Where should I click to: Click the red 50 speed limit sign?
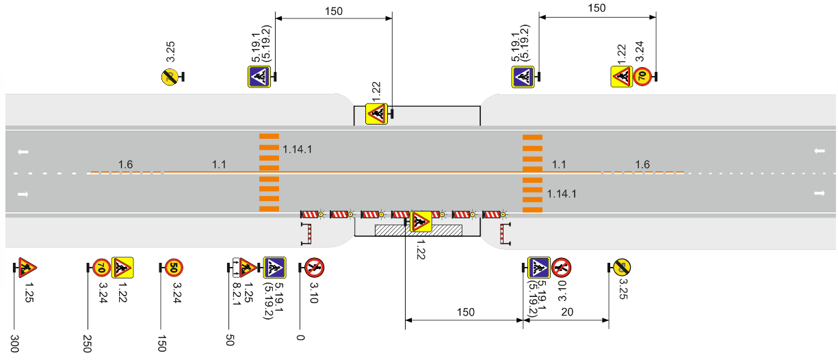(x=174, y=268)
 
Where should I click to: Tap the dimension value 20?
(x=567, y=311)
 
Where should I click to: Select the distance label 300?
(x=14, y=344)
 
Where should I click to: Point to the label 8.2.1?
(x=237, y=294)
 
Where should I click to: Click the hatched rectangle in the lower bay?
(x=419, y=230)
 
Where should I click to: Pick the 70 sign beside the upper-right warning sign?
(x=642, y=77)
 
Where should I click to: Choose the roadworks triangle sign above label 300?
(x=27, y=268)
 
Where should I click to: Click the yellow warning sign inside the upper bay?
(x=376, y=114)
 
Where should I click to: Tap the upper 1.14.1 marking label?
(x=297, y=150)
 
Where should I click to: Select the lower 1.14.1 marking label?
(x=562, y=194)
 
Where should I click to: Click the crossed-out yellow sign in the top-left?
(x=170, y=77)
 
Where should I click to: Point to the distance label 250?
(x=87, y=344)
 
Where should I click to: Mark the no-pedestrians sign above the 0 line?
(x=314, y=268)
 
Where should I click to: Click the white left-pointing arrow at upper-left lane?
(x=23, y=152)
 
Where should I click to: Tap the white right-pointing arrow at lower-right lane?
(x=820, y=194)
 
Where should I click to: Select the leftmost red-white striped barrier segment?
(x=310, y=214)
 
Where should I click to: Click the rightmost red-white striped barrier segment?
(x=492, y=214)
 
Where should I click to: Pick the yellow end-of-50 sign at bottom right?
(x=621, y=268)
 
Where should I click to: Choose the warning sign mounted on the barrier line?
(x=421, y=222)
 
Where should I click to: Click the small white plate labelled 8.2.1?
(x=237, y=268)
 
